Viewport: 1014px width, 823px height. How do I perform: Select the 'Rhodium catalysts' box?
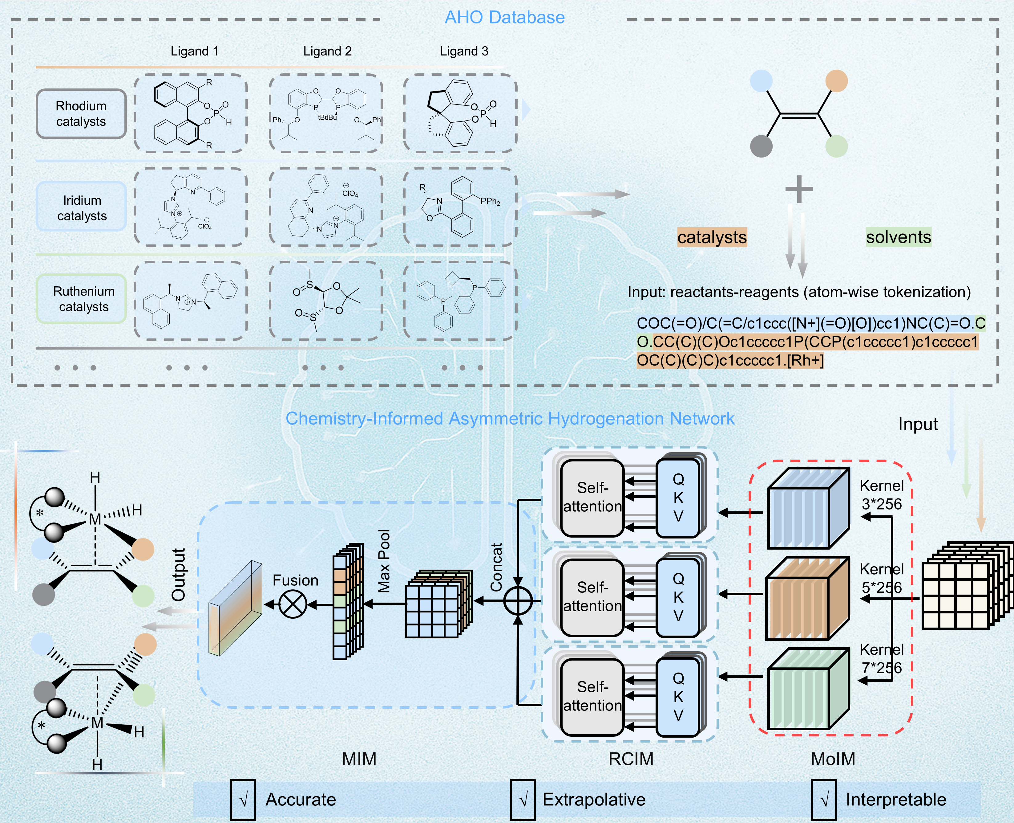81,114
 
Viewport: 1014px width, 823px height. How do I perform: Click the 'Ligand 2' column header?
327,51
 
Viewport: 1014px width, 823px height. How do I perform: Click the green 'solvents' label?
899,236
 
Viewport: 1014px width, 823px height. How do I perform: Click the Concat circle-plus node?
518,601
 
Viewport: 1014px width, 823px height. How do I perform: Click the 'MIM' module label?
359,759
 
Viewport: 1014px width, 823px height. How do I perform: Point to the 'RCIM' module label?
631,759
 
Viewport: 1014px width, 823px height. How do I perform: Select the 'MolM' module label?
833,759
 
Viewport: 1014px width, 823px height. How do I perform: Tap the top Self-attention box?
592,498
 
